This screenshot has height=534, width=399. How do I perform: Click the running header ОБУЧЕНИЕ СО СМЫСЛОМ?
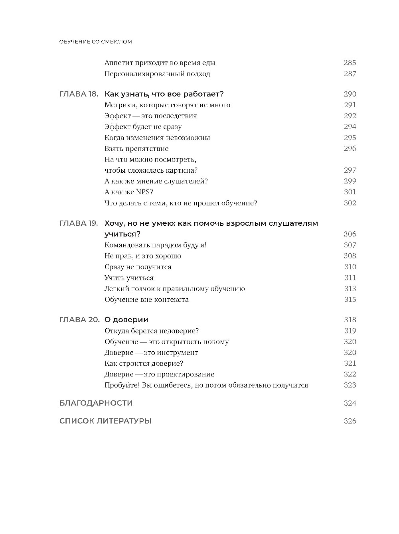95,41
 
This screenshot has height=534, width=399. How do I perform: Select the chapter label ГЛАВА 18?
79,94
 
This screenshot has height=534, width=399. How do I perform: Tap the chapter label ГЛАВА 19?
79,223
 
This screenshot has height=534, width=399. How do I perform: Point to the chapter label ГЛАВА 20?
79,320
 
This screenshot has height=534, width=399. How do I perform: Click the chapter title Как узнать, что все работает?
164,94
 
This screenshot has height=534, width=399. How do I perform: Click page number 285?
350,63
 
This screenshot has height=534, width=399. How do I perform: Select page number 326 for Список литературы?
350,421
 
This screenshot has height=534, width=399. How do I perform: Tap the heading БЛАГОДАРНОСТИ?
96,403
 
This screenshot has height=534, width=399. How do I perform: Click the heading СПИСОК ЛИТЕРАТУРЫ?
105,421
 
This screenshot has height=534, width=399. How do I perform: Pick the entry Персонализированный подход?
157,74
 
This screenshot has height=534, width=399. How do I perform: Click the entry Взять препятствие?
136,148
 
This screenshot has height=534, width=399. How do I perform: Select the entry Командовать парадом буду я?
155,245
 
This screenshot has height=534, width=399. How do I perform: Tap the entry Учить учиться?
129,278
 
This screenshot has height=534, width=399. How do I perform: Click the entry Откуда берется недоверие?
152,331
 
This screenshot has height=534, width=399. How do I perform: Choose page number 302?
350,203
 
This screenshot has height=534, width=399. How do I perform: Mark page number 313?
350,288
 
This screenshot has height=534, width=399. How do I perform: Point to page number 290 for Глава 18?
350,94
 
